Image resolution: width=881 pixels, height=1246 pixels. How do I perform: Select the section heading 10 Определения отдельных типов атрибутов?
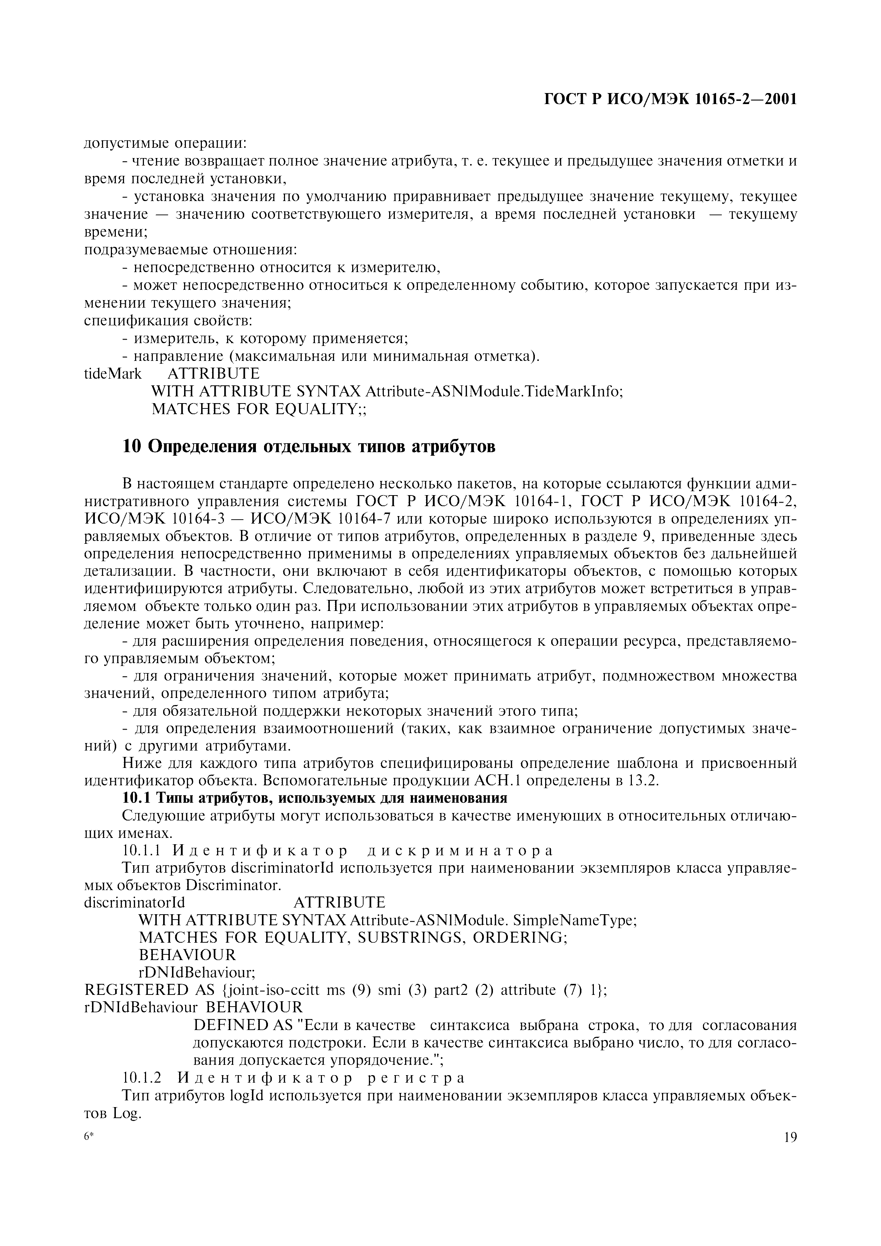[x=309, y=446]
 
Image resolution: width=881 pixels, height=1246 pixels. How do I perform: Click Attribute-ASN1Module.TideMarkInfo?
[x=494, y=391]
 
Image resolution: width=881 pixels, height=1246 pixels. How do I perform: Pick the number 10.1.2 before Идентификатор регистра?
[x=142, y=1078]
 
